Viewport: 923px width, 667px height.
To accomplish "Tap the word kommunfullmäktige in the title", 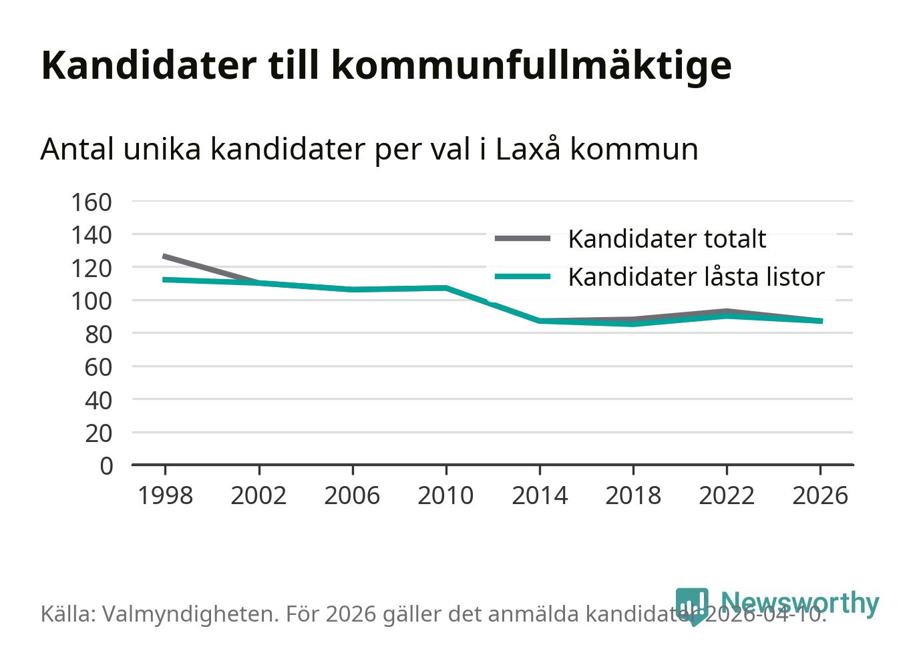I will coord(531,65).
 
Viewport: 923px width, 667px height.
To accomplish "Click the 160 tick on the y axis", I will coord(91,202).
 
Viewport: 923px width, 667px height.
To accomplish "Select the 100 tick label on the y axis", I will coord(91,300).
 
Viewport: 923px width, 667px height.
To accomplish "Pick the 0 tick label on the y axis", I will coord(106,465).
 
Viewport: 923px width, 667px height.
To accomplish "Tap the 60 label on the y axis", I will coord(98,367).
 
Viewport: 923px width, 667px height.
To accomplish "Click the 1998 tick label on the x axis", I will coord(165,495).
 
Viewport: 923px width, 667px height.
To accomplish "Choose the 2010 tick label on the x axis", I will coord(445,495).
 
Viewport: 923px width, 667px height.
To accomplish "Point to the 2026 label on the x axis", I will coord(820,495).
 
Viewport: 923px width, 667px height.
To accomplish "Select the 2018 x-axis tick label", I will coord(633,495).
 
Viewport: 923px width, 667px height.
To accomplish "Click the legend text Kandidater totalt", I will coord(667,239).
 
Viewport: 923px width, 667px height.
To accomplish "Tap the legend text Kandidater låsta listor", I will coord(696,277).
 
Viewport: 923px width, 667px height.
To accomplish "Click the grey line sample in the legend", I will coord(522,238).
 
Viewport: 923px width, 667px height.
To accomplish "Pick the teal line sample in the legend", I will coord(522,276).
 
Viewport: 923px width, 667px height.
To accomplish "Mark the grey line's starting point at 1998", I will coord(165,256).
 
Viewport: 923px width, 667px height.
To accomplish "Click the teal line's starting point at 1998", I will coord(165,279).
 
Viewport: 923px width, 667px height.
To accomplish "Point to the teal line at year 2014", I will coord(540,321).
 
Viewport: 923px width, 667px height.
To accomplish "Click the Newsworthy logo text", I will coord(799,602).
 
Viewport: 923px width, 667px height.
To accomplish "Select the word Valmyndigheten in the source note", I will coord(190,614).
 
